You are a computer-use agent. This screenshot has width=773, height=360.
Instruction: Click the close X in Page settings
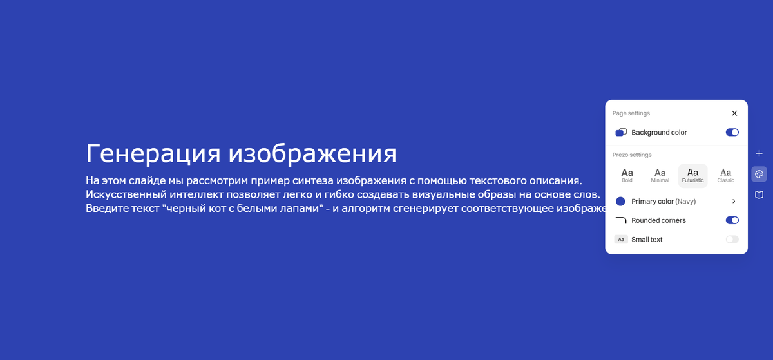pyautogui.click(x=734, y=113)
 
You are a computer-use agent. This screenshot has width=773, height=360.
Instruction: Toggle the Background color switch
pyautogui.click(x=732, y=133)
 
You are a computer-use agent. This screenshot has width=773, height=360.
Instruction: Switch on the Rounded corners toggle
pyautogui.click(x=732, y=220)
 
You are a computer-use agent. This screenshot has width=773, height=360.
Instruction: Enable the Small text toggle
pyautogui.click(x=732, y=240)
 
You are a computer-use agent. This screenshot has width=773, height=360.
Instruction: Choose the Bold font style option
pyautogui.click(x=627, y=175)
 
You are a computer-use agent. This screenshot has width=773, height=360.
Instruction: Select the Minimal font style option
pyautogui.click(x=660, y=175)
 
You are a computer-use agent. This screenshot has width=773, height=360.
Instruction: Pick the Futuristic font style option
pyautogui.click(x=692, y=175)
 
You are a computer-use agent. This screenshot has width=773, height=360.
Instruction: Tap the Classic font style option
pyautogui.click(x=725, y=175)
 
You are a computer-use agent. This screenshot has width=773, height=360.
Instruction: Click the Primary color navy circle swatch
pyautogui.click(x=621, y=202)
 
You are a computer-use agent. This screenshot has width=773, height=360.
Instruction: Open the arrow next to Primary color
pyautogui.click(x=734, y=202)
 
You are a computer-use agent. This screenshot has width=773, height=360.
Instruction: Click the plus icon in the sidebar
pyautogui.click(x=759, y=153)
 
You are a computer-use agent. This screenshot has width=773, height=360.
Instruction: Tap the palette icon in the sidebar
pyautogui.click(x=759, y=174)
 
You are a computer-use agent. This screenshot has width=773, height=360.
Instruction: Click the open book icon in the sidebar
pyautogui.click(x=759, y=194)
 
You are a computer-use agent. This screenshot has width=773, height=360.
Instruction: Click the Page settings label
pyautogui.click(x=631, y=113)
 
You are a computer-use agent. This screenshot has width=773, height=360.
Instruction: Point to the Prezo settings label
pyautogui.click(x=632, y=155)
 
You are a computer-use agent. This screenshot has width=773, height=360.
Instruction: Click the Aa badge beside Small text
pyautogui.click(x=621, y=240)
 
